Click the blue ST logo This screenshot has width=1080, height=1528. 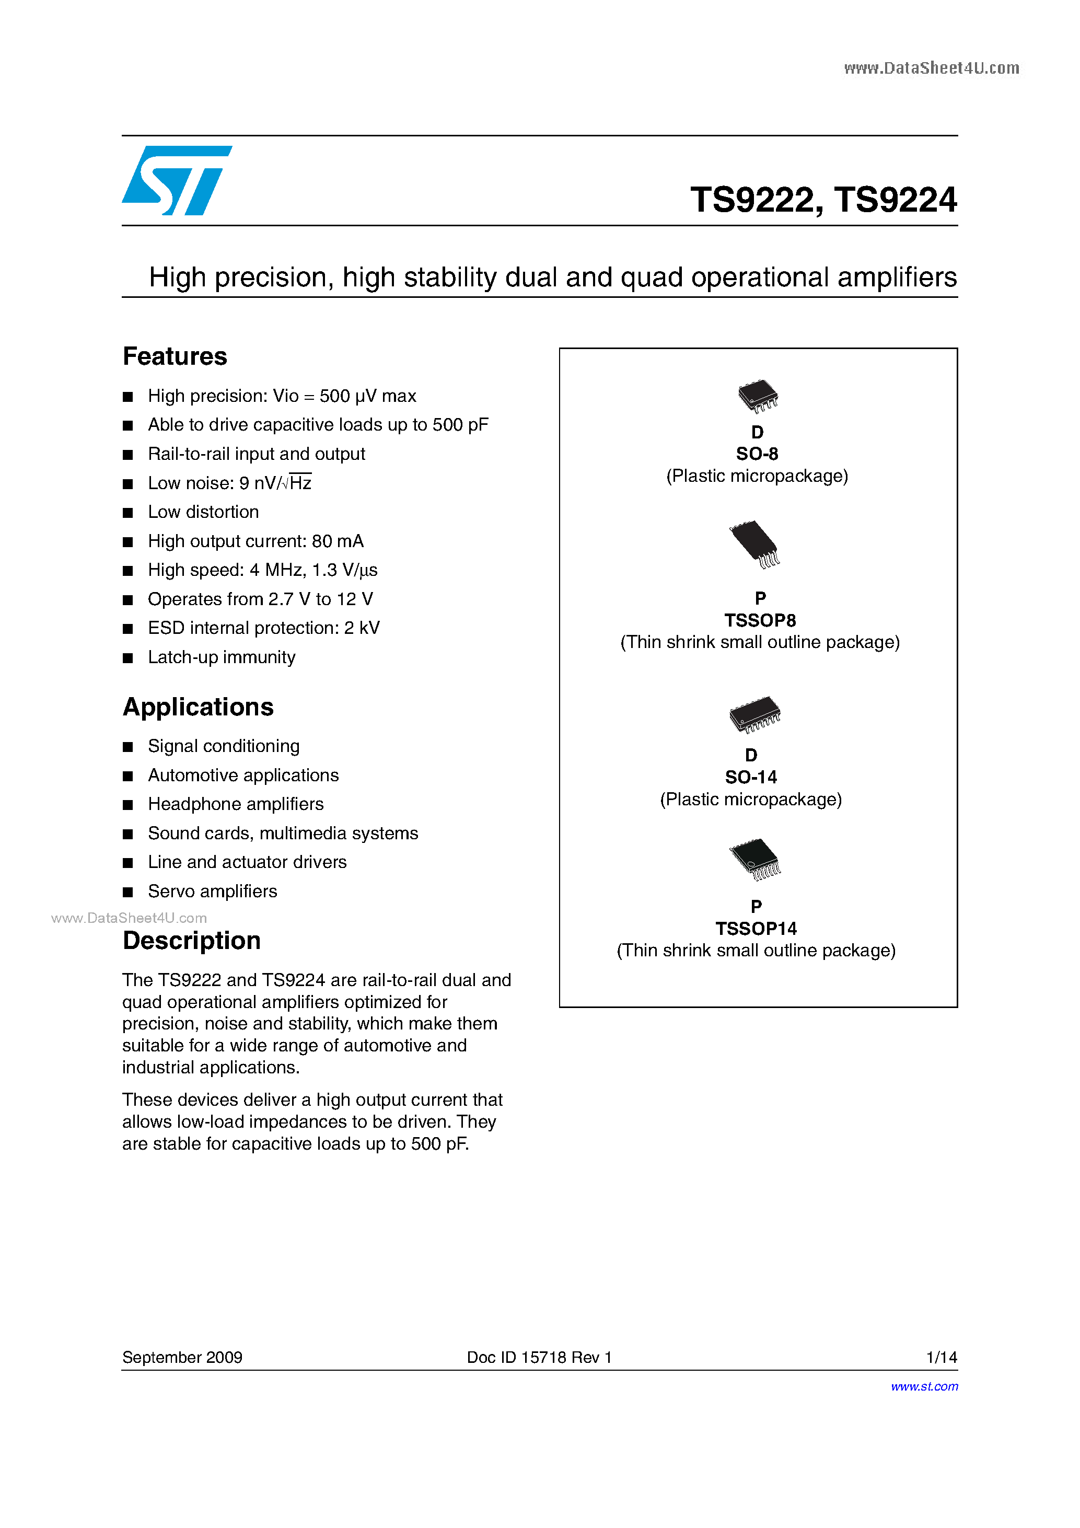point(176,180)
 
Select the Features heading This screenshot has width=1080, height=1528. point(175,357)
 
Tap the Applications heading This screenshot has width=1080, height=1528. point(199,707)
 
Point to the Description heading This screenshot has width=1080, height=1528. point(192,940)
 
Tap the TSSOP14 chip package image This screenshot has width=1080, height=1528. point(754,859)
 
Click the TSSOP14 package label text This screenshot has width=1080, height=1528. point(756,929)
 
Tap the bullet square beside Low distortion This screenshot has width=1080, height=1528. point(128,513)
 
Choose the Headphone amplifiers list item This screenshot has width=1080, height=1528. point(236,804)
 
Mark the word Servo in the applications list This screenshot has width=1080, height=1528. point(170,891)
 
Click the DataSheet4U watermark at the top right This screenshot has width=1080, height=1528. point(931,68)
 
